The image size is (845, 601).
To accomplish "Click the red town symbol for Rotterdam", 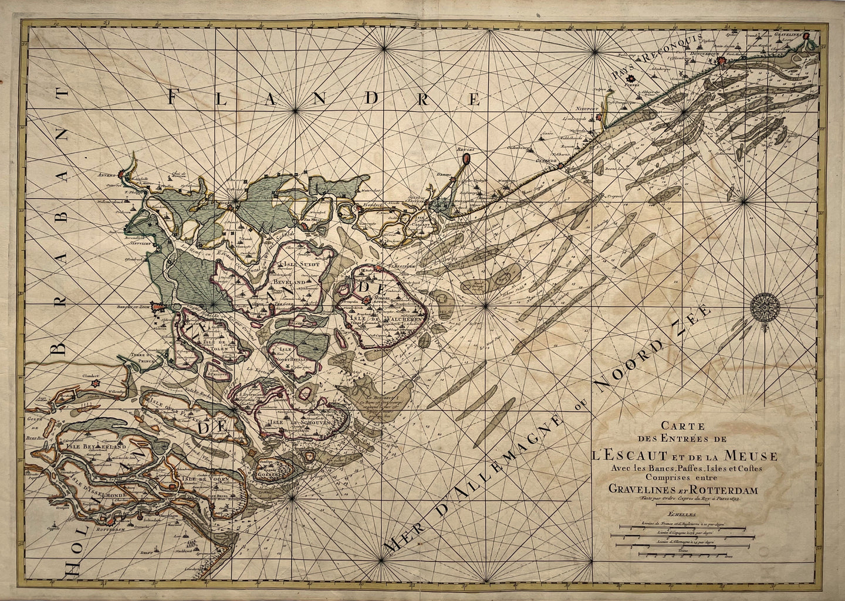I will click(x=107, y=519).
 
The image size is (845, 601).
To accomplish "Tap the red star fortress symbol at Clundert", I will click(x=93, y=385).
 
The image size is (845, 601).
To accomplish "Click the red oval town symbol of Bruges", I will click(x=465, y=158).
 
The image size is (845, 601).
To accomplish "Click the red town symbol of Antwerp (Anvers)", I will click(x=123, y=174).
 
